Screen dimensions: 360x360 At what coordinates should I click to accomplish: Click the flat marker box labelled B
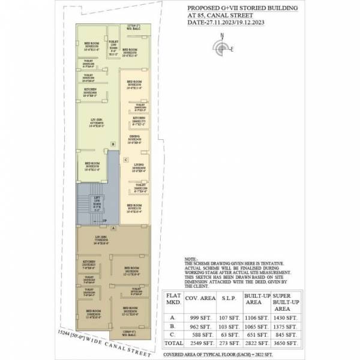point(113,144)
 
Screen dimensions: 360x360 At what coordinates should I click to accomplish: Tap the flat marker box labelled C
point(125,160)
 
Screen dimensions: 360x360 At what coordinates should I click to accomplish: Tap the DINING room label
point(134,139)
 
